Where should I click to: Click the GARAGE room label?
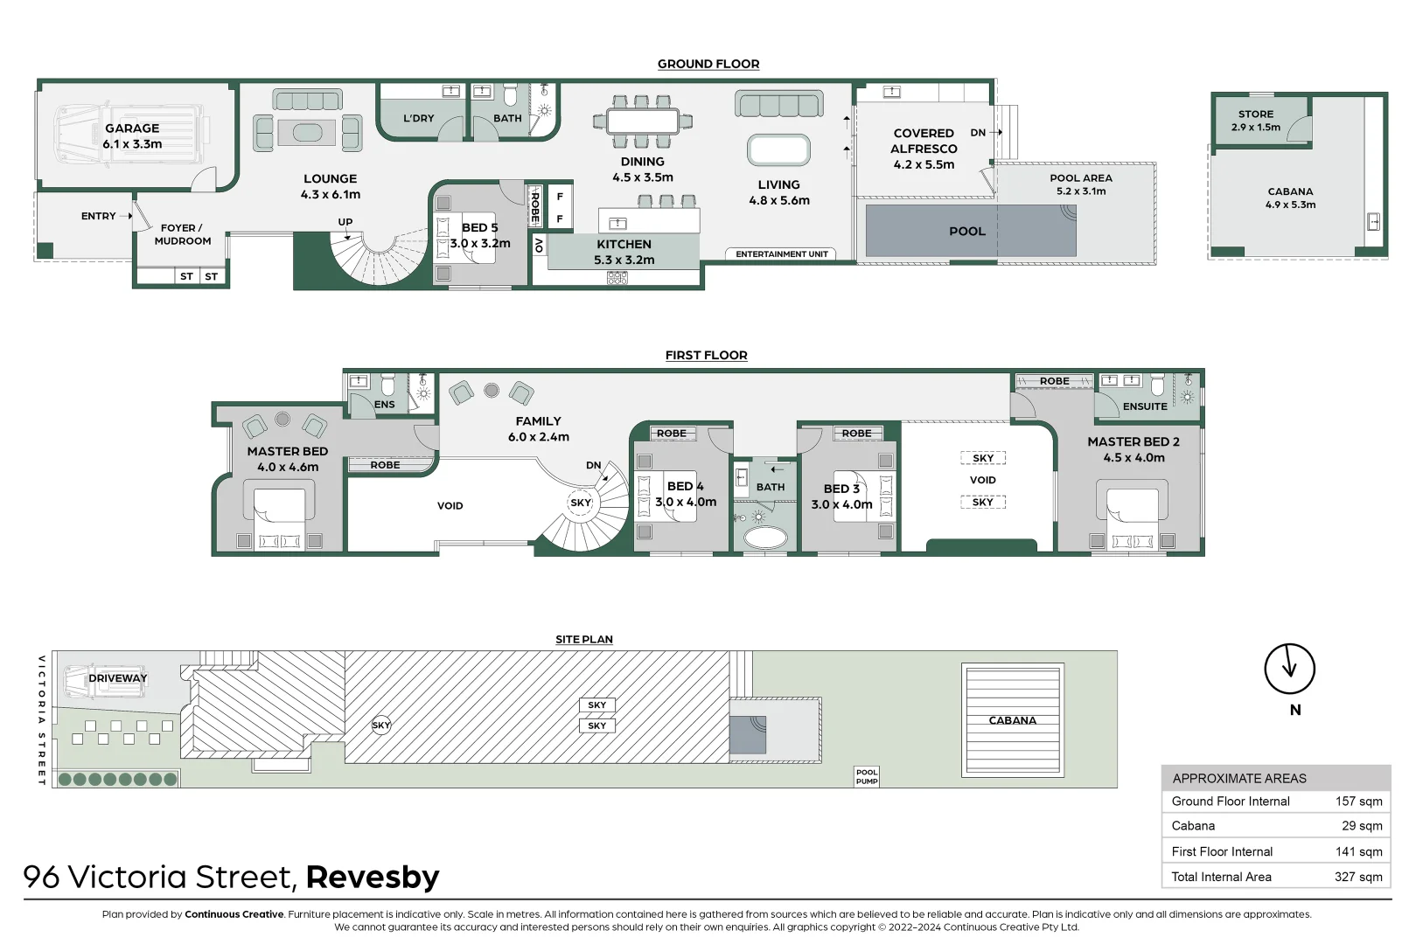point(132,128)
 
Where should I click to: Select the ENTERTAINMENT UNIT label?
point(781,254)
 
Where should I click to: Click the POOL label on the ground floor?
point(966,232)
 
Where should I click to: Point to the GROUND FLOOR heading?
point(708,64)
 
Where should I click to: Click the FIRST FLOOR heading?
point(706,355)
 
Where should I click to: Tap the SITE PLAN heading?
point(583,639)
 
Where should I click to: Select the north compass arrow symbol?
point(1289,670)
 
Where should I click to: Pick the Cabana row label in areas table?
point(1193,826)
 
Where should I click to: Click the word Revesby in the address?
point(373,877)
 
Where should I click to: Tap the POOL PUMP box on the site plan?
point(866,776)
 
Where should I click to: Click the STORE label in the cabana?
point(1255,115)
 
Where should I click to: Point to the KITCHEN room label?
point(624,245)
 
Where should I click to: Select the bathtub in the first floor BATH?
point(765,537)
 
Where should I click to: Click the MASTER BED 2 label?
point(1133,442)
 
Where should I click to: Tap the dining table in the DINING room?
point(643,121)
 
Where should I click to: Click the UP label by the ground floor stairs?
point(345,222)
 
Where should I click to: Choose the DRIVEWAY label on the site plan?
point(117,678)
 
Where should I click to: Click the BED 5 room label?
point(479,228)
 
